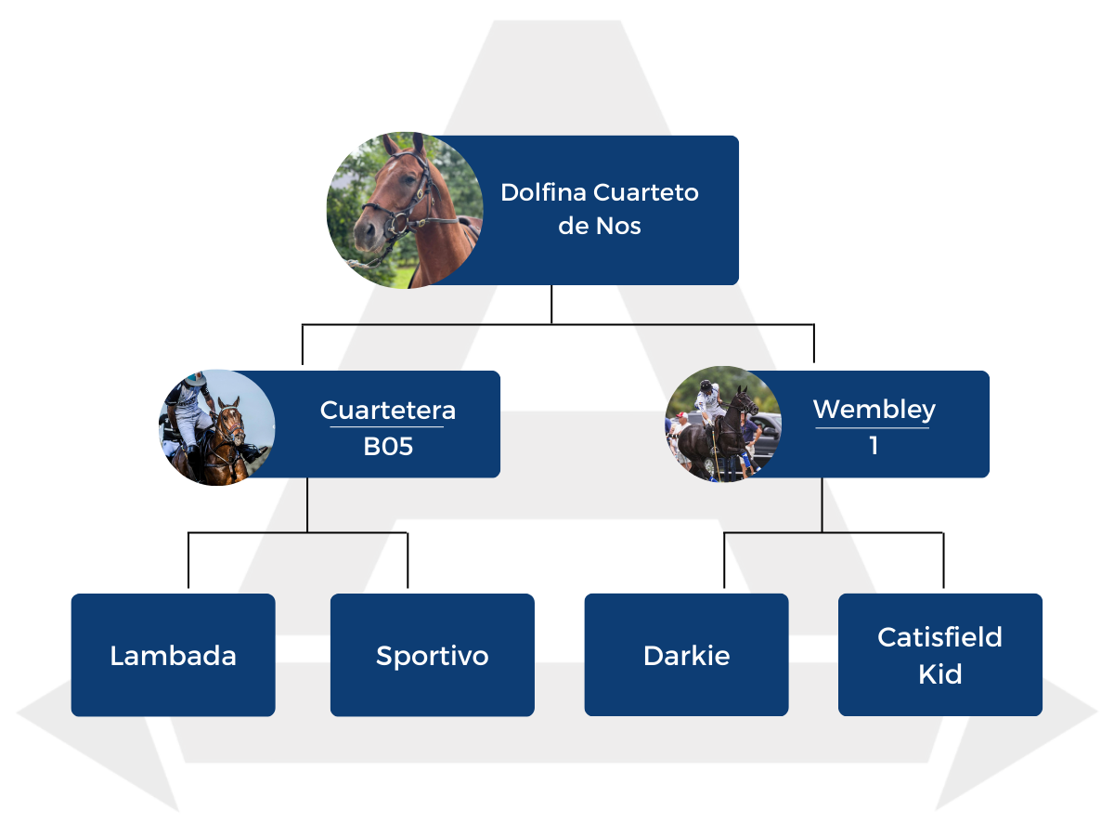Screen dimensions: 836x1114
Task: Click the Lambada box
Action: [173, 655]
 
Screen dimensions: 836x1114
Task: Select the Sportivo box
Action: [432, 655]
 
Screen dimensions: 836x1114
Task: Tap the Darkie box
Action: [686, 655]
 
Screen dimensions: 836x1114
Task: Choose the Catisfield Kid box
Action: [939, 655]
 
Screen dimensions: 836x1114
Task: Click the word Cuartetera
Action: [388, 410]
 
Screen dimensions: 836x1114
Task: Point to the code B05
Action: [388, 447]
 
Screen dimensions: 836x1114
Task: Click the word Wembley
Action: [874, 409]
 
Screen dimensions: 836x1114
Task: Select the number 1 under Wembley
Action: [874, 446]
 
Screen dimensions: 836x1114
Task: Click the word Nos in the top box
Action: [619, 226]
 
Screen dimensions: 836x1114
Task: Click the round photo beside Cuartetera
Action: [216, 427]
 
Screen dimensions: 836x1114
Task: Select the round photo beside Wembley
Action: [723, 424]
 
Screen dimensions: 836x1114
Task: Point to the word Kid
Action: [939, 674]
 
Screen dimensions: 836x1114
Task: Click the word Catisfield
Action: [939, 637]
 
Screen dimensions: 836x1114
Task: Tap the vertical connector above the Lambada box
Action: [188, 561]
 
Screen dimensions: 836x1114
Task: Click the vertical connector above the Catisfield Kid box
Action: [943, 561]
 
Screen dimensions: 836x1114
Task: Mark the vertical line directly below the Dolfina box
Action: [551, 304]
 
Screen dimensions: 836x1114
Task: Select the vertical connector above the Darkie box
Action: [724, 561]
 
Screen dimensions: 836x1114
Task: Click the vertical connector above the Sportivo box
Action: [408, 561]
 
